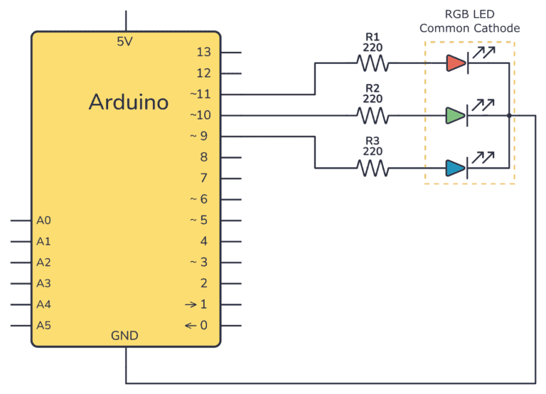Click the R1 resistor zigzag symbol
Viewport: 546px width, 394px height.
coord(373,63)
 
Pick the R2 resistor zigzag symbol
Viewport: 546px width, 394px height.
coord(373,115)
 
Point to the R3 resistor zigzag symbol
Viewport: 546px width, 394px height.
coord(373,169)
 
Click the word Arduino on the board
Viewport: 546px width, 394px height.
coord(129,102)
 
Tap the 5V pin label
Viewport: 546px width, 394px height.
coord(125,42)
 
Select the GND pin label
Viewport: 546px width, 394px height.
coord(125,336)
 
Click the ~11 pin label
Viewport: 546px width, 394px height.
coord(200,94)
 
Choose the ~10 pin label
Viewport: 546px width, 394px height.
coord(200,115)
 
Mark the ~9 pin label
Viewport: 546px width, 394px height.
coord(200,136)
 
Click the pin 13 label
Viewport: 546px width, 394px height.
coord(203,52)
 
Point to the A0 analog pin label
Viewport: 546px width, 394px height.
coord(43,220)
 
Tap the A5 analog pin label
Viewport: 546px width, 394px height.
coord(43,326)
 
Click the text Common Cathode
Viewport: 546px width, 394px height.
coord(469,28)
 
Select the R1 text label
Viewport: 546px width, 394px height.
coord(373,36)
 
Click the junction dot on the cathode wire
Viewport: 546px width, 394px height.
coord(510,115)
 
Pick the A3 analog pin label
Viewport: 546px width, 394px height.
coord(43,284)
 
